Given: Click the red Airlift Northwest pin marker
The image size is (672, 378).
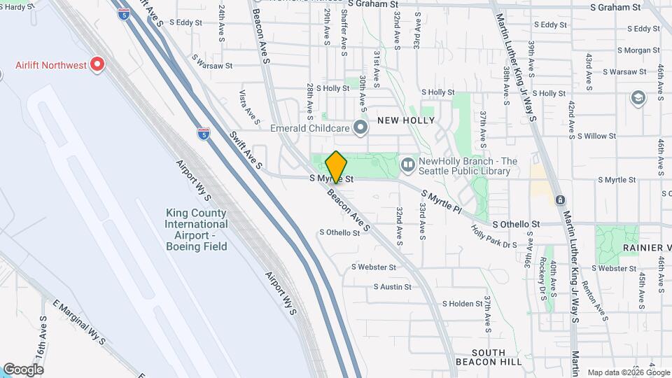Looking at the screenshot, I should (x=98, y=65).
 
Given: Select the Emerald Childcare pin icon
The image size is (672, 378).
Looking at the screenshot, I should (x=360, y=127).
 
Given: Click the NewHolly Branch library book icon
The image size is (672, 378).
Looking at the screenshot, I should (x=408, y=165).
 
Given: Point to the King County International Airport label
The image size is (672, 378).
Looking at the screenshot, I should (x=196, y=230).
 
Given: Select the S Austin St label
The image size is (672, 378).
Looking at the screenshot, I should (x=396, y=287).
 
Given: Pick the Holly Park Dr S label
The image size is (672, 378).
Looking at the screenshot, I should (x=493, y=235).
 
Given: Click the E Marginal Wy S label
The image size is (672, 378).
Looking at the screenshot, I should (x=79, y=323).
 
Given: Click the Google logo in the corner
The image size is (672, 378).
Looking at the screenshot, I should (x=23, y=370).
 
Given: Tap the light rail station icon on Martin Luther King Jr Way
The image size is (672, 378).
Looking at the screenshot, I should (x=560, y=200).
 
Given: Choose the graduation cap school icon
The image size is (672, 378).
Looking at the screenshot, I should (x=638, y=98).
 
